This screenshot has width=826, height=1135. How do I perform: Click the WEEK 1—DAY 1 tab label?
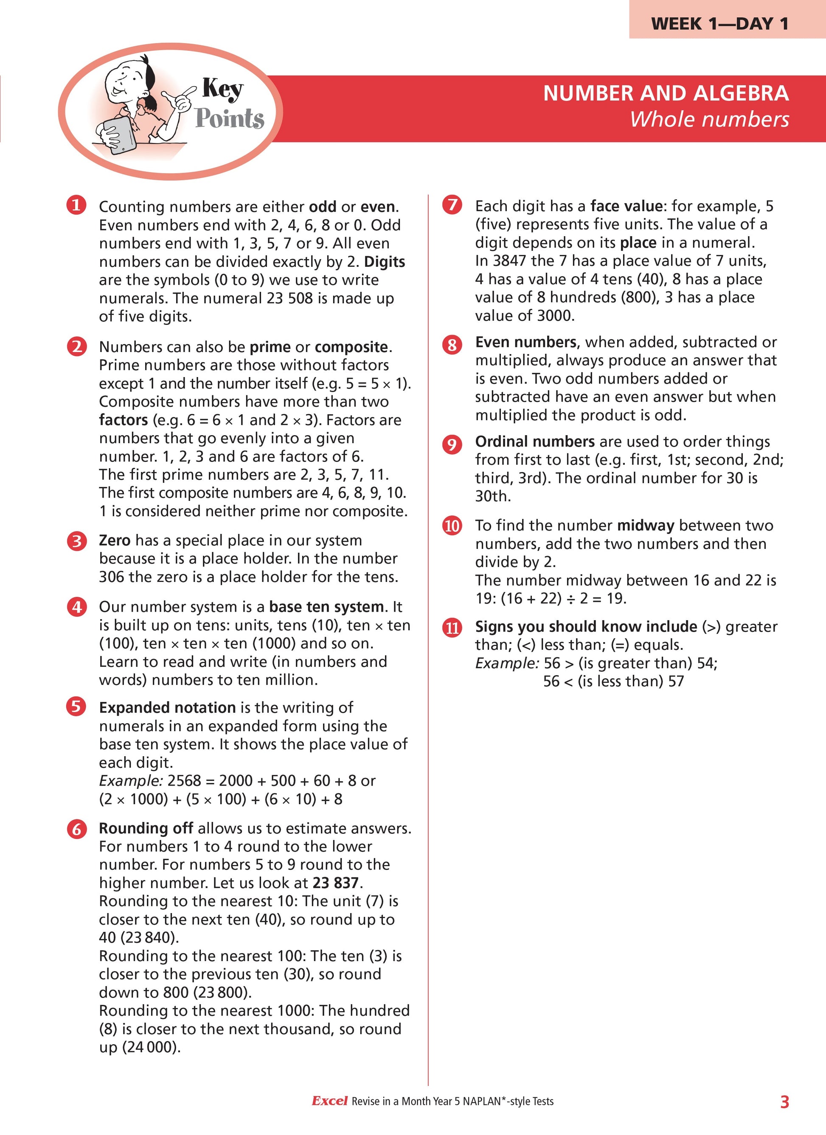[720, 23]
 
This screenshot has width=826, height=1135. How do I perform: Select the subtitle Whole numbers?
[709, 120]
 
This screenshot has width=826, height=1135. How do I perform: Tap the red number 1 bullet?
[76, 205]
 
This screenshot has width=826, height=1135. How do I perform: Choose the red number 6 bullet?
[76, 829]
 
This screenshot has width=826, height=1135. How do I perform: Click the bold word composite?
[351, 347]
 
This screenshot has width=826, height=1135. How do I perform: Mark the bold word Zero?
[115, 540]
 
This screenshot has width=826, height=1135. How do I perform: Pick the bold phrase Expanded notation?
[167, 707]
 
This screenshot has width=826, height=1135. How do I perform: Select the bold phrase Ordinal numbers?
[534, 442]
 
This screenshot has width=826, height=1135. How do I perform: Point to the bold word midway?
[645, 526]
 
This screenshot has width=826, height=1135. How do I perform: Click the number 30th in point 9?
[493, 496]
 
